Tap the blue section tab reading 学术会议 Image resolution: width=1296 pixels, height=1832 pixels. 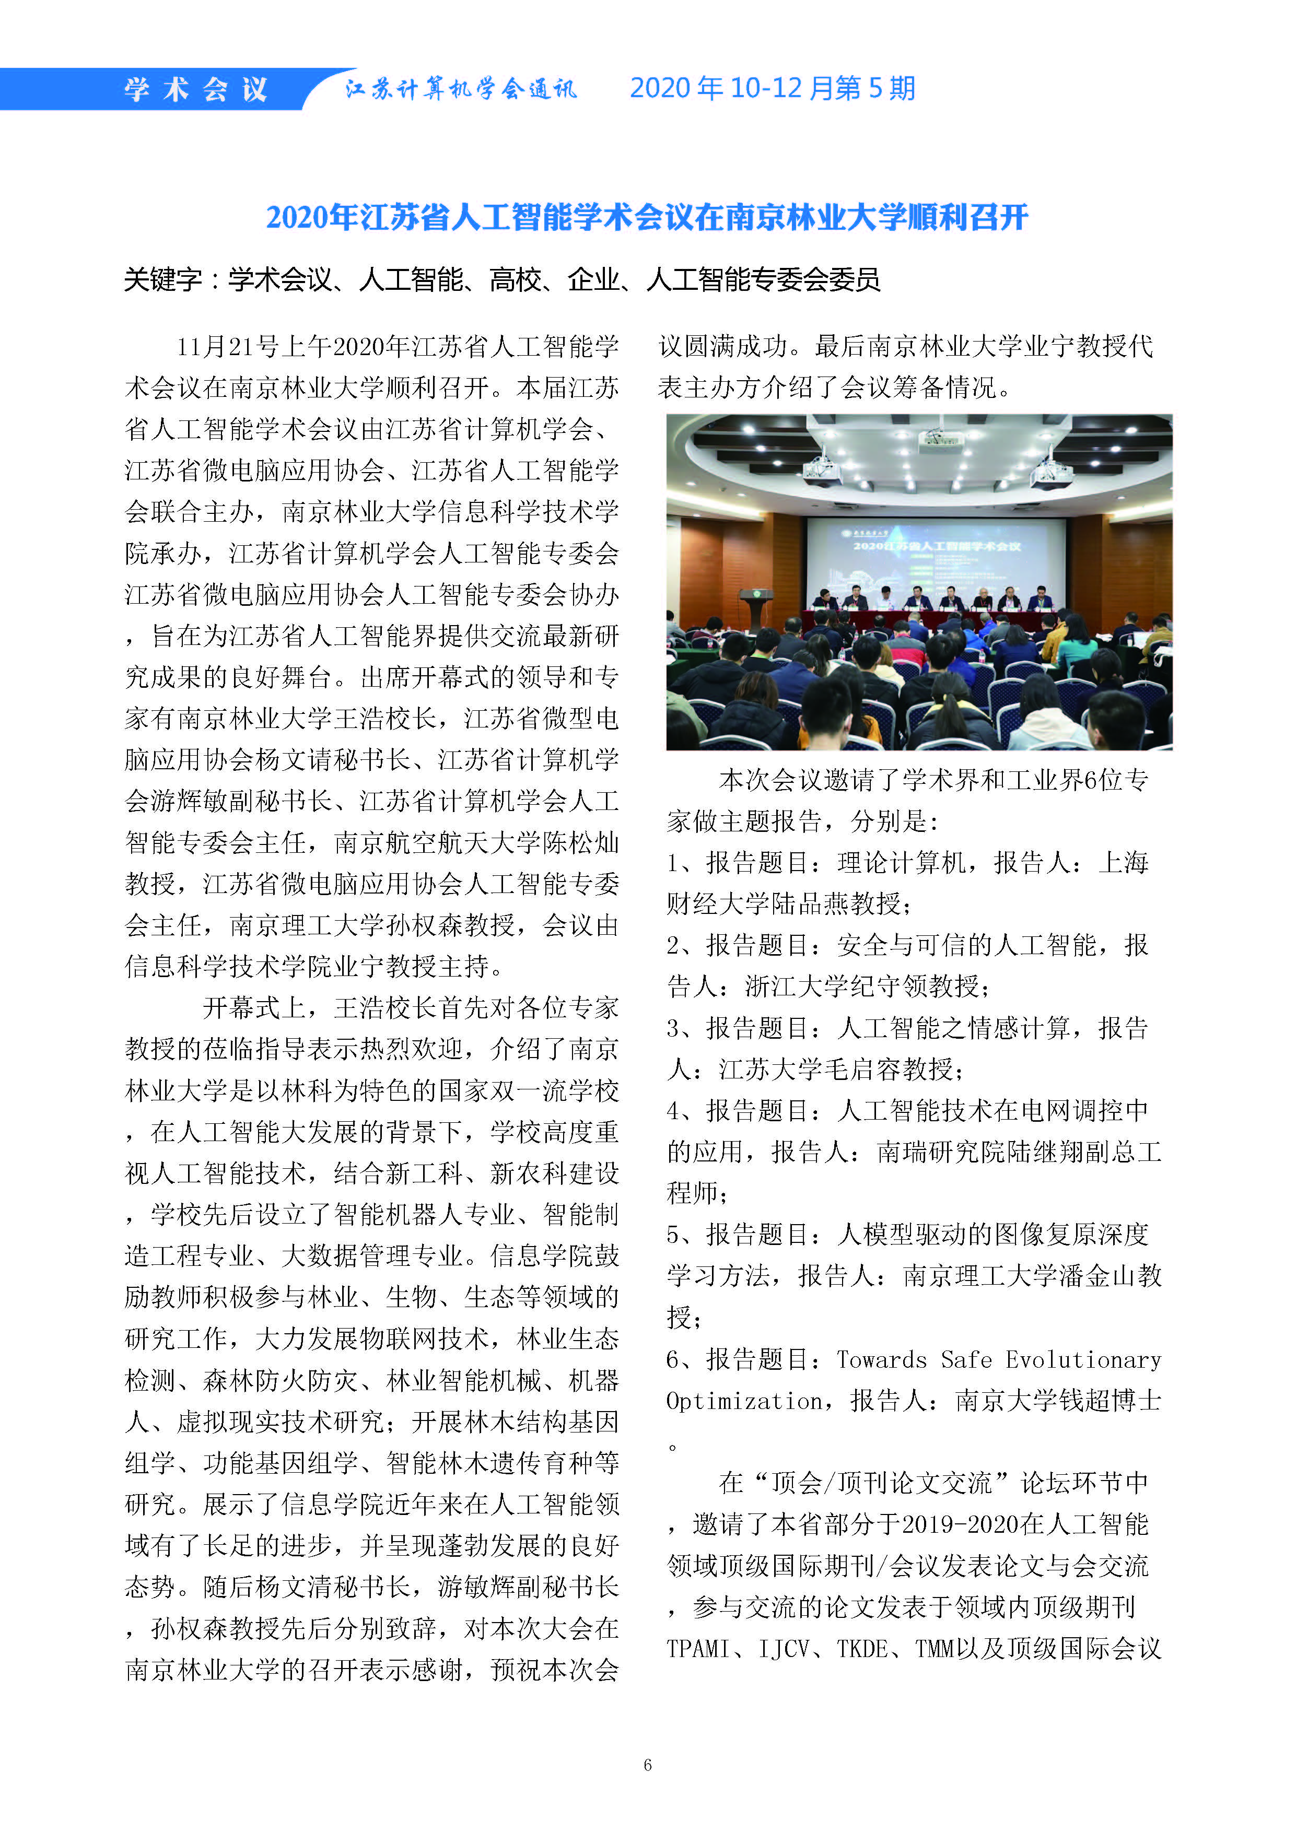click(195, 89)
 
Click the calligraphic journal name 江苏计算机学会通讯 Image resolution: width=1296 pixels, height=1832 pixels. click(460, 89)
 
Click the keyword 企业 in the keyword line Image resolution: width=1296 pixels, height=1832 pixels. click(593, 280)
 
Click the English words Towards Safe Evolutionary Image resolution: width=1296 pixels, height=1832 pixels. click(998, 1359)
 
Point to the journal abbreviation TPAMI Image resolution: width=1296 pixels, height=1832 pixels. click(698, 1649)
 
